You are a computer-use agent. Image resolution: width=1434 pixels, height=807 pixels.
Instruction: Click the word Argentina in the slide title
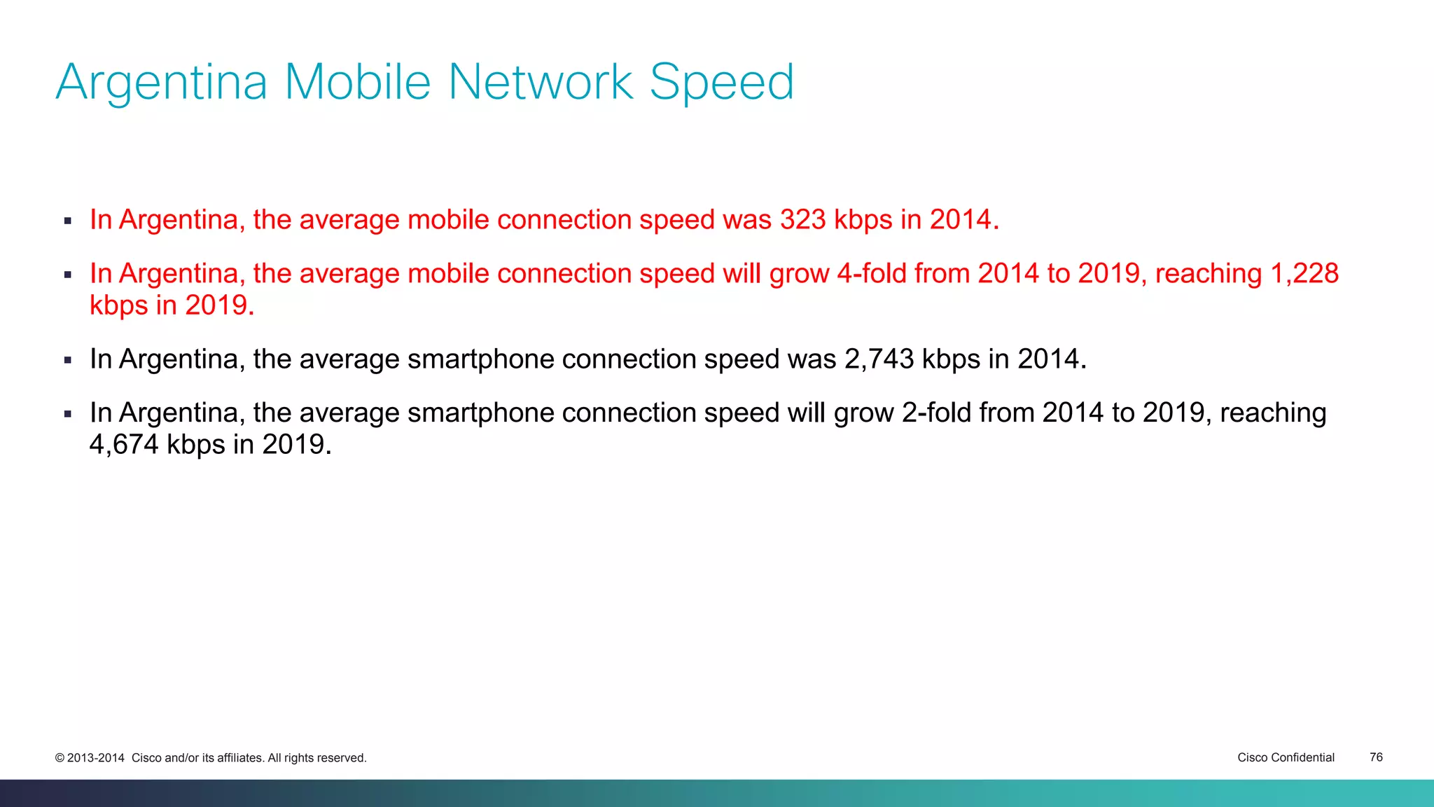pos(162,83)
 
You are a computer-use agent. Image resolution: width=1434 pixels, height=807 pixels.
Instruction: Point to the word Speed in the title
pos(722,83)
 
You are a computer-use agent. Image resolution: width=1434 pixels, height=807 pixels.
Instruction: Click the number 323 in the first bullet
pos(803,220)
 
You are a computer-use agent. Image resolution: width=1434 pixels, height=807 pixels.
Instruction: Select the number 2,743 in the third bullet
pos(879,359)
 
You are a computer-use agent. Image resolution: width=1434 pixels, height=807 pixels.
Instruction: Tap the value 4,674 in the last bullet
pos(124,445)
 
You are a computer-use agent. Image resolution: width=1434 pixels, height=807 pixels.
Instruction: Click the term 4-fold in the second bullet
pos(872,274)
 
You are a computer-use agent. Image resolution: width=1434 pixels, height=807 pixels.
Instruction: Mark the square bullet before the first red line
pos(68,221)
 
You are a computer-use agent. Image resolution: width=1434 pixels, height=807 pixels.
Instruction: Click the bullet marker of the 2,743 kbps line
pos(68,361)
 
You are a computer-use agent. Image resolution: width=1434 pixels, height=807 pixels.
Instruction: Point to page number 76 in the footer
pos(1376,757)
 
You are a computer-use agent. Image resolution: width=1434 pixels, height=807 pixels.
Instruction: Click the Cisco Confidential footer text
pos(1286,757)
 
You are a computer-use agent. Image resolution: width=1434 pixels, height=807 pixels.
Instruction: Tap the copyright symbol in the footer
pos(60,758)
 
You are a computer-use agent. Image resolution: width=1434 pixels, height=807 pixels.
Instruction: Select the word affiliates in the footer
pos(240,758)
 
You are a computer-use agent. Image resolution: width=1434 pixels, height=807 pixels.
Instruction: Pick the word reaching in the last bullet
pos(1273,413)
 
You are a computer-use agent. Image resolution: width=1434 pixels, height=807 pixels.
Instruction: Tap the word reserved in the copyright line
pos(342,758)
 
